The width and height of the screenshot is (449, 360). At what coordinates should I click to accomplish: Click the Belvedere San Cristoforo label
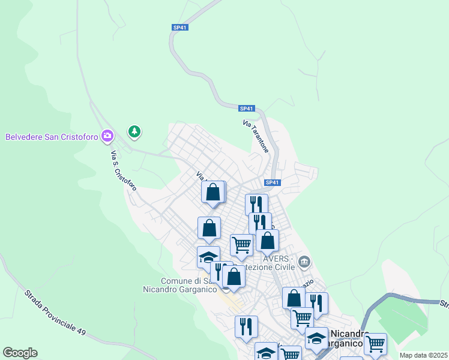(52, 136)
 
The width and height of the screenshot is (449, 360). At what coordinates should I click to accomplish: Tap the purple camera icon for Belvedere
(107, 136)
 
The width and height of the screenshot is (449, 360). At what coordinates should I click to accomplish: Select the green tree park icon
(134, 131)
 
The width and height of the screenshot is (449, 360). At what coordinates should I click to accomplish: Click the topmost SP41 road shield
(180, 28)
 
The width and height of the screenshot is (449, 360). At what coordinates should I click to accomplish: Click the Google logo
(20, 353)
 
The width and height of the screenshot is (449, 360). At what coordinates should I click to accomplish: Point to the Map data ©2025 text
(423, 355)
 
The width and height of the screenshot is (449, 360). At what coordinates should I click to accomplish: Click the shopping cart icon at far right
(375, 344)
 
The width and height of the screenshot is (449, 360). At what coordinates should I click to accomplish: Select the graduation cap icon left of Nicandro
(316, 338)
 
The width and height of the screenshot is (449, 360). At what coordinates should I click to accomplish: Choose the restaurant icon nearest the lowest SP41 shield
(256, 204)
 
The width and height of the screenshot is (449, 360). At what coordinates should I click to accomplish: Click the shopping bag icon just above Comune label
(234, 277)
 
